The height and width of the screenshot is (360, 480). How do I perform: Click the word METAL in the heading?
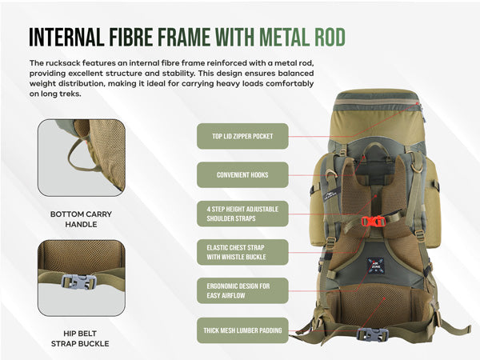click(284, 37)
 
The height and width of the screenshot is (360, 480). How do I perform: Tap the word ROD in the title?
click(330, 37)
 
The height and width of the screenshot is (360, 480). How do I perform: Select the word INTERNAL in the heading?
click(66, 37)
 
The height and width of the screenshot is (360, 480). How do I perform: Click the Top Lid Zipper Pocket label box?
click(242, 136)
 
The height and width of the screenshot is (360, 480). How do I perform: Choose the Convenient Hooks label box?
click(242, 174)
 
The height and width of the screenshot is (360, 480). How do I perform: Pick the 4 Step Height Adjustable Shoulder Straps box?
click(242, 214)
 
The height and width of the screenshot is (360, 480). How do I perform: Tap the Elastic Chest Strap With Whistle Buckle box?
click(242, 252)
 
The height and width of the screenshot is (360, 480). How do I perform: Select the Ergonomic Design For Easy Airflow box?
click(242, 291)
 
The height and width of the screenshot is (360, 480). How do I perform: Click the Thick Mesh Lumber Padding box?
click(242, 330)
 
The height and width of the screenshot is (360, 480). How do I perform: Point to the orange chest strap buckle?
click(373, 221)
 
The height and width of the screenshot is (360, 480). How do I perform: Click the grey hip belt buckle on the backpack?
click(373, 334)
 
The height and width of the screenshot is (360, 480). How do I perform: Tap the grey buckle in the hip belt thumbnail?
click(78, 282)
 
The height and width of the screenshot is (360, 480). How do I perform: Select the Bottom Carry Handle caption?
click(81, 219)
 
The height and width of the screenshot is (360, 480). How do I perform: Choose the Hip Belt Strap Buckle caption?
click(80, 338)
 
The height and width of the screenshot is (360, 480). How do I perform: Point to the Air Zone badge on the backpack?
click(375, 266)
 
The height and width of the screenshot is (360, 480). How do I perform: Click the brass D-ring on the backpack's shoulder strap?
click(418, 167)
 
